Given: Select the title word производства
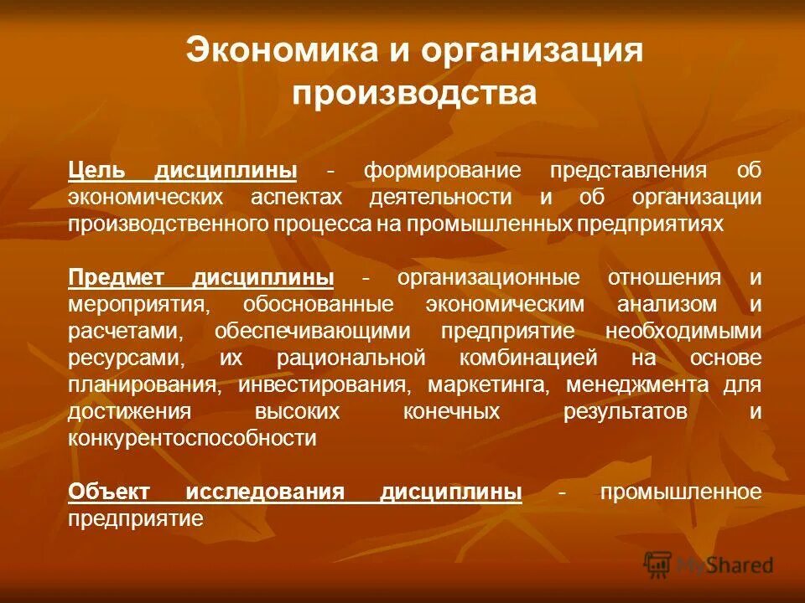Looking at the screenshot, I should (413, 92).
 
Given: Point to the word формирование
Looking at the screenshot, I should (430, 171).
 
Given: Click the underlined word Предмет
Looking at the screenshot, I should (119, 277).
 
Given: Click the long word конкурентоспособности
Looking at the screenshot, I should (193, 438).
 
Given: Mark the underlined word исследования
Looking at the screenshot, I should (265, 492).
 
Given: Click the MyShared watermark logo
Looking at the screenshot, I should (709, 564).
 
